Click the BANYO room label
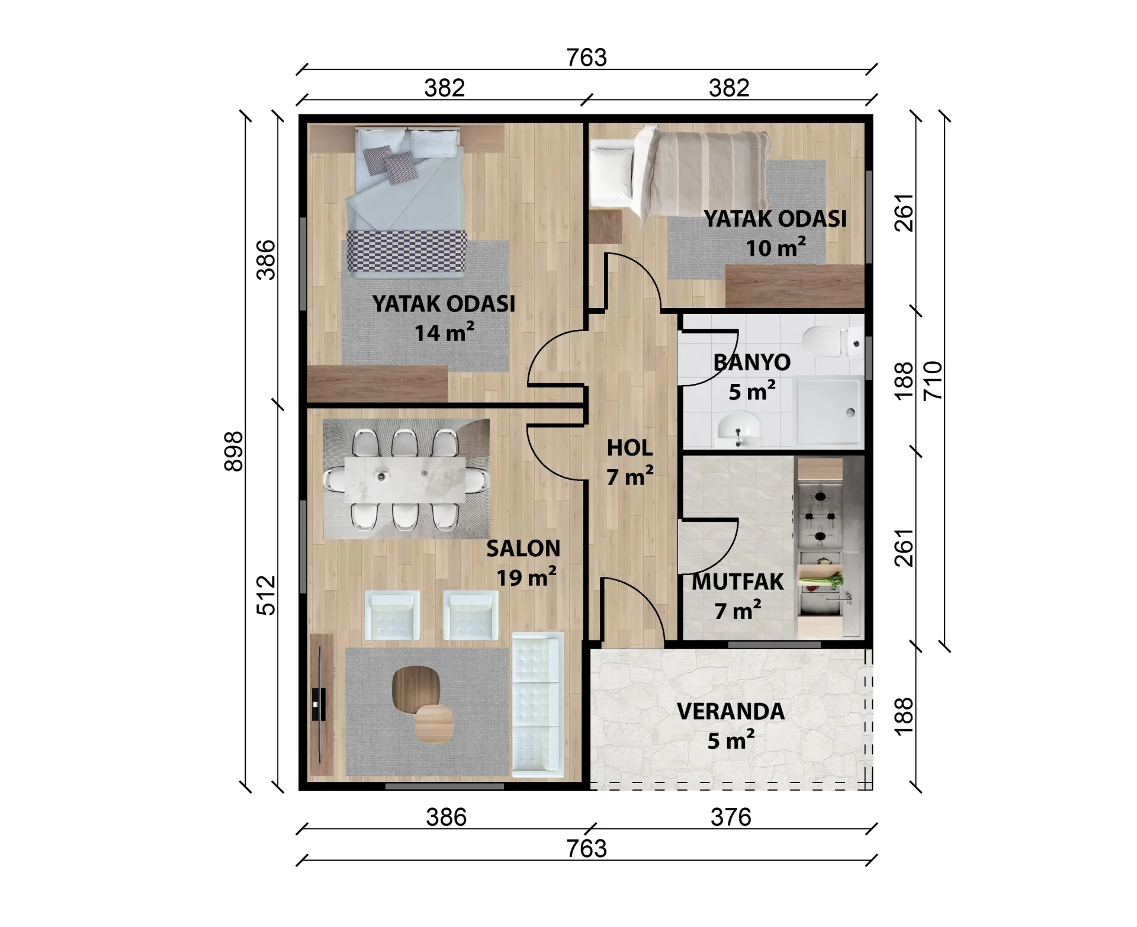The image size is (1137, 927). (751, 362)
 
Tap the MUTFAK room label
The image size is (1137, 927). (738, 582)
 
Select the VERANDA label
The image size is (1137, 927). (731, 711)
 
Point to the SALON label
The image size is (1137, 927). (523, 548)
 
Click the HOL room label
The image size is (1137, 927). (630, 448)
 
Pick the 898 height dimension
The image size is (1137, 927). (234, 451)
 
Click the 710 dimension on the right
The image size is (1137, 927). (932, 381)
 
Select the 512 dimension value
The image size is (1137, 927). (266, 595)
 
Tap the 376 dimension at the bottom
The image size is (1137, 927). (731, 817)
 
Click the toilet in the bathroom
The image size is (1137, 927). (829, 341)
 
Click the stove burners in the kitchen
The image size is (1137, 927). (820, 516)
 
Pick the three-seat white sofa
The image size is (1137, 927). (537, 704)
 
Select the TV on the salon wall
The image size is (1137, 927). (319, 704)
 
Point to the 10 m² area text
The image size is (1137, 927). (775, 248)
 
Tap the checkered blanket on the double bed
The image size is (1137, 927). (406, 253)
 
